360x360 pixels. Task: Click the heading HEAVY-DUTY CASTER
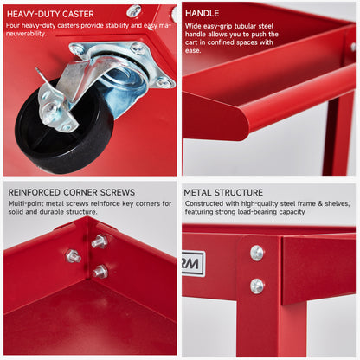[x=50, y=14]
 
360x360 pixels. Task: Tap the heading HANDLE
[x=202, y=13]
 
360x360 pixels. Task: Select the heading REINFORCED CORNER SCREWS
[x=72, y=192]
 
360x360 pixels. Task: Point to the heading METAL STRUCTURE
[x=223, y=192]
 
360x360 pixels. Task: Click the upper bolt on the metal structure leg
[x=256, y=253]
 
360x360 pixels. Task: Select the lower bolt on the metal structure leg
[x=257, y=286]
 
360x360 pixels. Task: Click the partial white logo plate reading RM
[x=193, y=264]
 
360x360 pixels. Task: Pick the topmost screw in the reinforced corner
[x=100, y=241]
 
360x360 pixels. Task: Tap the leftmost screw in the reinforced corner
[x=74, y=256]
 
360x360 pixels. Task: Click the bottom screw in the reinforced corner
[x=100, y=271]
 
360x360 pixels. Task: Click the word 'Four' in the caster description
[x=13, y=25]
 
